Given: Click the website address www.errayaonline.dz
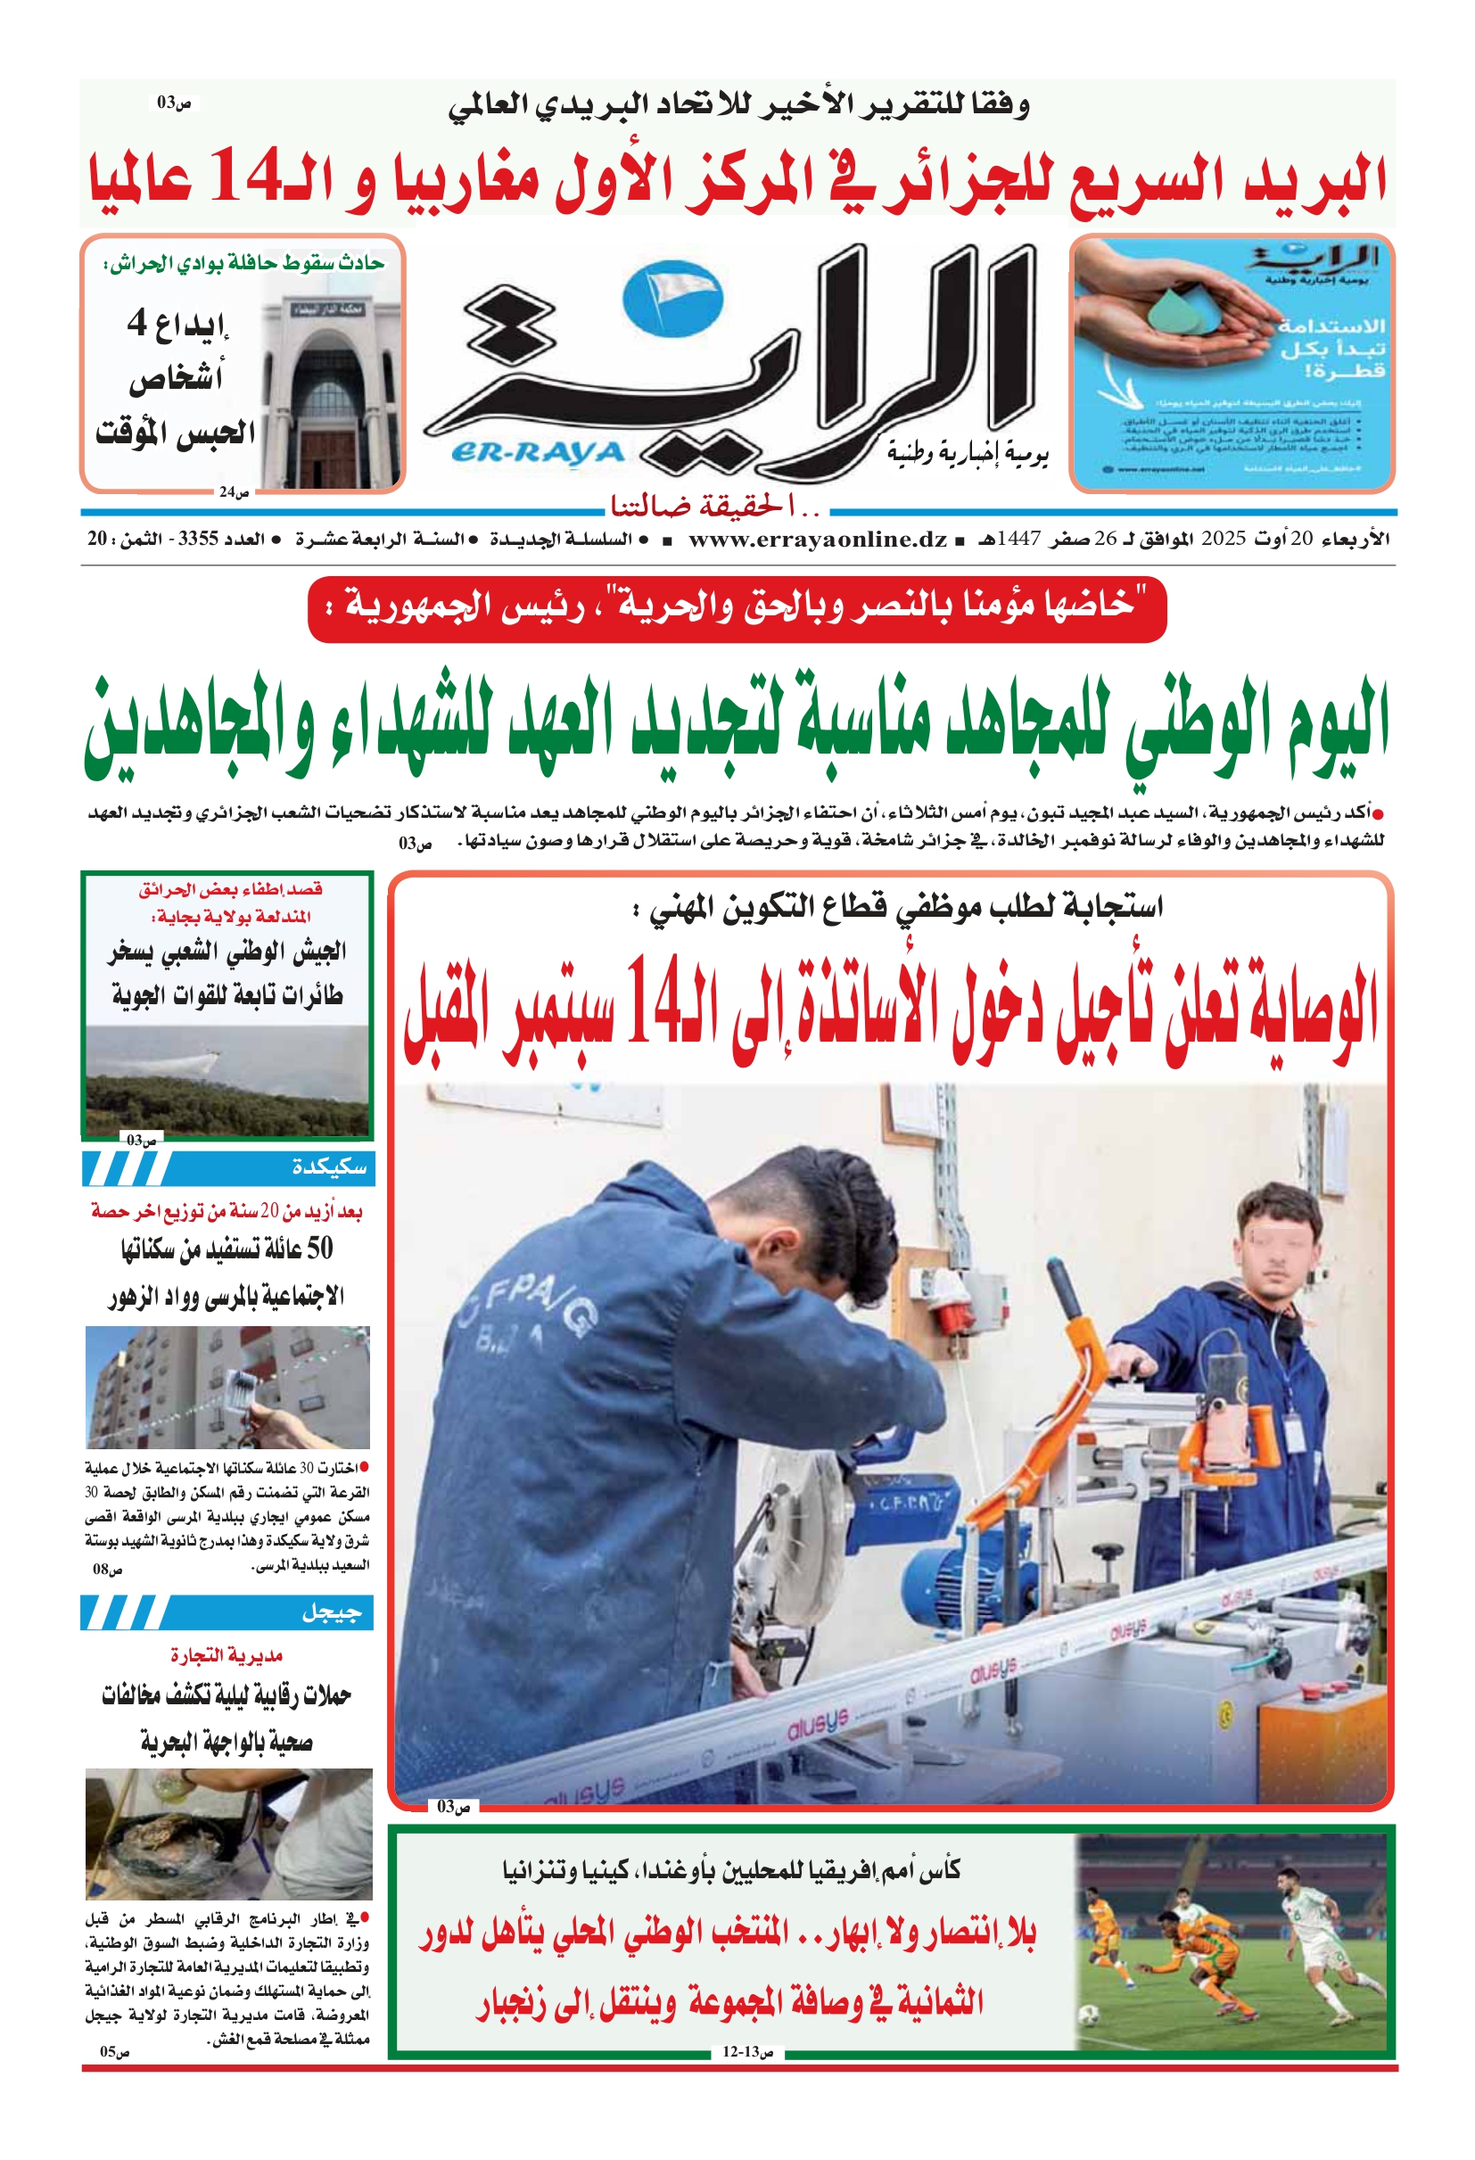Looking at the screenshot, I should tap(818, 539).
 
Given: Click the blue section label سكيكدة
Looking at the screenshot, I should tap(329, 1167).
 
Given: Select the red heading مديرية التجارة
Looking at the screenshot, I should tap(226, 1655).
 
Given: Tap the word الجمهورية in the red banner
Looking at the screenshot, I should tap(400, 607).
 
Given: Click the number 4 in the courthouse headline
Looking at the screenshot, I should tap(136, 323).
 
